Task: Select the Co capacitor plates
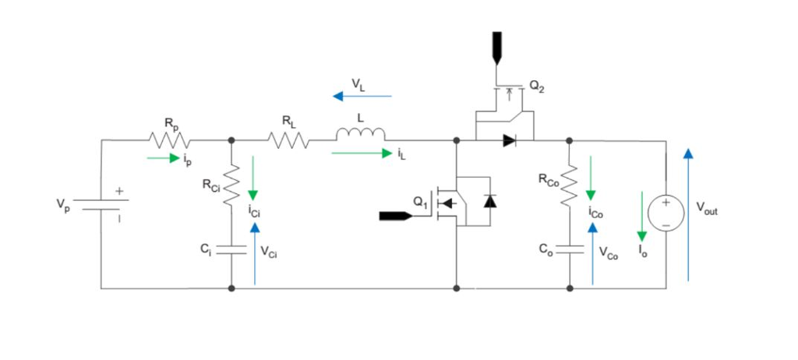point(570,249)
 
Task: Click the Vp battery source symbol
point(102,204)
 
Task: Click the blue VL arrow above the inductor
point(362,97)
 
